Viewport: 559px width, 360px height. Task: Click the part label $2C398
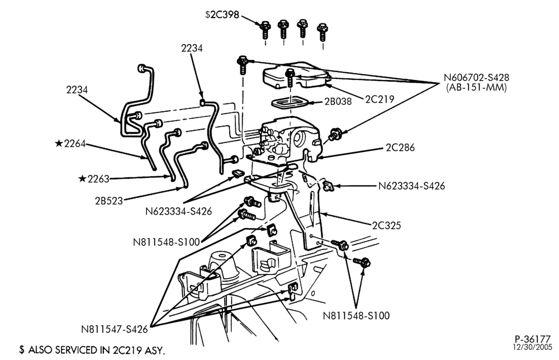(x=222, y=15)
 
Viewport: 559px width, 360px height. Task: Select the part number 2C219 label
(x=380, y=99)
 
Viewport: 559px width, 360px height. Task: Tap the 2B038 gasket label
(x=338, y=102)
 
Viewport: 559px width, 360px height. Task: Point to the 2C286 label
(x=400, y=148)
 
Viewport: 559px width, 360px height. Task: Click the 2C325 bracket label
(x=386, y=226)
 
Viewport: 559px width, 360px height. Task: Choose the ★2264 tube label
(x=70, y=144)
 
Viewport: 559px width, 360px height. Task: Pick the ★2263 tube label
(x=94, y=179)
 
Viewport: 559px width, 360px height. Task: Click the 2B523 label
(x=109, y=201)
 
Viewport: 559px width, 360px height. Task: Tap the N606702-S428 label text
(x=476, y=78)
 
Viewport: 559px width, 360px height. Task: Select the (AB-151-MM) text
(x=476, y=88)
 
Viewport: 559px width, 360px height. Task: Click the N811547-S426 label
(x=115, y=329)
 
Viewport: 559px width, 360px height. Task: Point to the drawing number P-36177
(x=533, y=339)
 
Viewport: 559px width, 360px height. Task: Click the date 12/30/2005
(x=533, y=347)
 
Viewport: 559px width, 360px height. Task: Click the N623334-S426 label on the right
(x=411, y=186)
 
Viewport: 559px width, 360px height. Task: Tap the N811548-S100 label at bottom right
(x=356, y=316)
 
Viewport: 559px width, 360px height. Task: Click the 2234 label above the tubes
(x=192, y=48)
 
